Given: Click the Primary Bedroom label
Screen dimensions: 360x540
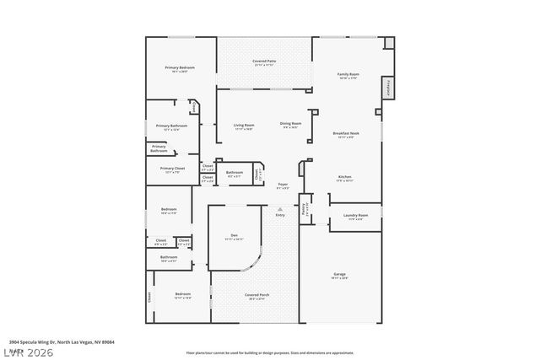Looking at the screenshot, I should click(180, 67).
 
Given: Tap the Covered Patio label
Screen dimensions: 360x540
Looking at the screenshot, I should click(265, 62).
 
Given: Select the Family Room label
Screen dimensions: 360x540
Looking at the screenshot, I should click(348, 74).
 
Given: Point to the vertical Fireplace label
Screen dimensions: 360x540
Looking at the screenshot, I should click(389, 87).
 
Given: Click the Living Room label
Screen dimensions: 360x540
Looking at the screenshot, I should click(244, 125).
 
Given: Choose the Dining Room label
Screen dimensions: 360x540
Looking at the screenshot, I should click(290, 124).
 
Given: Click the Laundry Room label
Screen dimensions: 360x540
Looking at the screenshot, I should click(355, 216).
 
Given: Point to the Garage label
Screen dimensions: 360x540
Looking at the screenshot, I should click(339, 275).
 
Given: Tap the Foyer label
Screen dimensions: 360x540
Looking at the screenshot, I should click(283, 185).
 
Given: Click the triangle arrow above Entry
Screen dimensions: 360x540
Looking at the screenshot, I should click(280, 208).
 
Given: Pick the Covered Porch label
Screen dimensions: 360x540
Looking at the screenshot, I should click(256, 295).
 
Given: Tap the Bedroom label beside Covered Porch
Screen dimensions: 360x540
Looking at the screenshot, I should click(182, 294).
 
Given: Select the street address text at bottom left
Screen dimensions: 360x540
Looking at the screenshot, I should click(62, 341).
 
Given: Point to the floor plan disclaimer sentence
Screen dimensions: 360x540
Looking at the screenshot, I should click(270, 353).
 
